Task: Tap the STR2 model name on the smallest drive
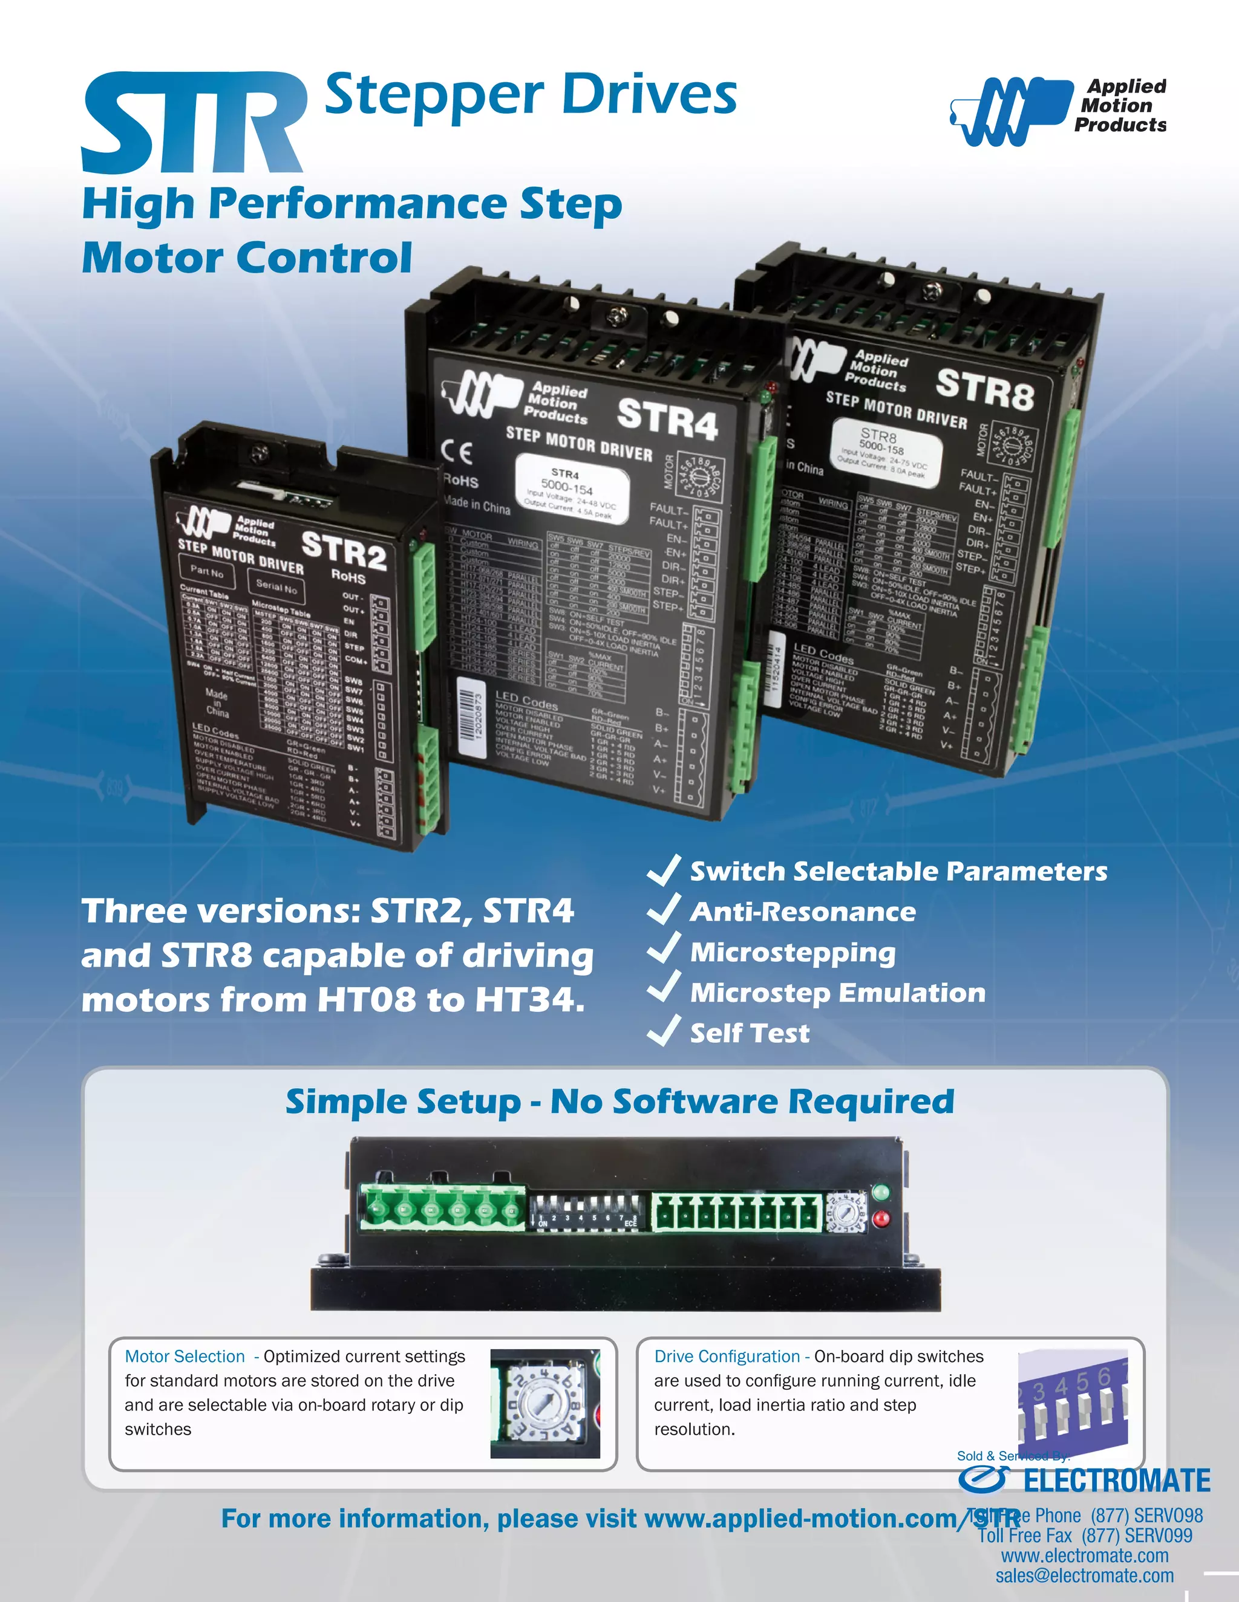pyautogui.click(x=344, y=550)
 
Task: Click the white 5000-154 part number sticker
pyautogui.click(x=572, y=489)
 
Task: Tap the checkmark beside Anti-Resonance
pyautogui.click(x=664, y=910)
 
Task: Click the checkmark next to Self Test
pyautogui.click(x=664, y=1031)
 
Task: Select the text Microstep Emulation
pyautogui.click(x=837, y=993)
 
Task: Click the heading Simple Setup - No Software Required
pyautogui.click(x=619, y=1101)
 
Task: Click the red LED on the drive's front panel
pyautogui.click(x=881, y=1219)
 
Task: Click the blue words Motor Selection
pyautogui.click(x=185, y=1357)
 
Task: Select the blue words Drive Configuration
pyautogui.click(x=727, y=1357)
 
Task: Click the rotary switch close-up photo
pyautogui.click(x=544, y=1404)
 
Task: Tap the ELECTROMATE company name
pyautogui.click(x=1116, y=1481)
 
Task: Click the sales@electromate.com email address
pyautogui.click(x=1084, y=1575)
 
